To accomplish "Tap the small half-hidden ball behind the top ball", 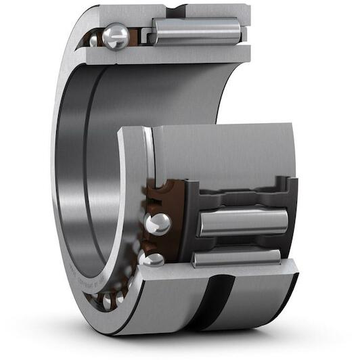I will coord(94,41).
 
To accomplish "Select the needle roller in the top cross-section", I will coord(196,31).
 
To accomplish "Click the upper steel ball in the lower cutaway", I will coord(158,224).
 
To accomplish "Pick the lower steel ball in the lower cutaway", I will coord(153,259).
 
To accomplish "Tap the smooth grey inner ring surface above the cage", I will coord(223,152).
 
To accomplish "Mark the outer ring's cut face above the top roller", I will coord(203,12).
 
